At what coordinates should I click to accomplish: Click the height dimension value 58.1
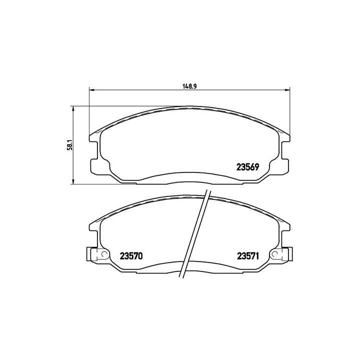click(70, 145)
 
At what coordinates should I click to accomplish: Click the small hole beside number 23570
click(104, 254)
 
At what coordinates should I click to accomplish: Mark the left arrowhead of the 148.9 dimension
click(91, 90)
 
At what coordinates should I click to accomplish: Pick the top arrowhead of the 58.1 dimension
click(73, 108)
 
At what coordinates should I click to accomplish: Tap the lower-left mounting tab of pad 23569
click(95, 165)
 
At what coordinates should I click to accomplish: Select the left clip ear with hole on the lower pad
click(93, 254)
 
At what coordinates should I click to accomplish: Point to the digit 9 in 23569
click(255, 168)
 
